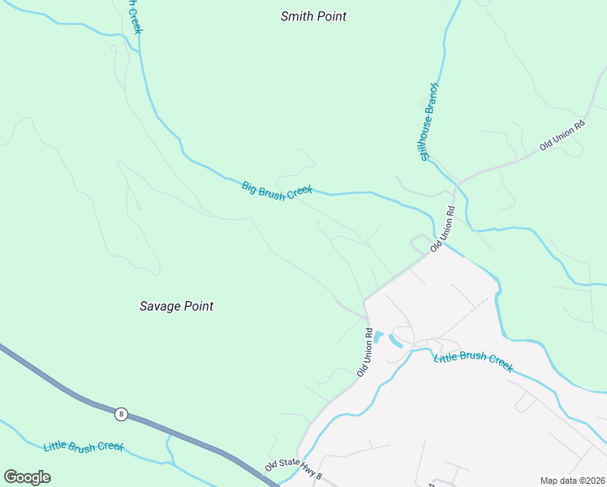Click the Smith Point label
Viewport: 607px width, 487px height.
(x=313, y=16)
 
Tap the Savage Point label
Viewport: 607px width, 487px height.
(x=176, y=306)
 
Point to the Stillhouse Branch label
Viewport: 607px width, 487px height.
(x=428, y=121)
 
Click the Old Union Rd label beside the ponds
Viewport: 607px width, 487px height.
(x=364, y=352)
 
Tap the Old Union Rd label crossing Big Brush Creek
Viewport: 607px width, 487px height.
(x=442, y=228)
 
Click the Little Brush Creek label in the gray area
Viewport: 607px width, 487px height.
(x=473, y=363)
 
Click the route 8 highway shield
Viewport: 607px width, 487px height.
(x=121, y=414)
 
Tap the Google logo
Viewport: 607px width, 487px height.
(x=27, y=477)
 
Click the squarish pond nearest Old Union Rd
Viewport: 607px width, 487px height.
(x=378, y=336)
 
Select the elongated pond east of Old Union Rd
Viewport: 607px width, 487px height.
(x=395, y=340)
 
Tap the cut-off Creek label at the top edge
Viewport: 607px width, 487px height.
(x=135, y=16)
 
